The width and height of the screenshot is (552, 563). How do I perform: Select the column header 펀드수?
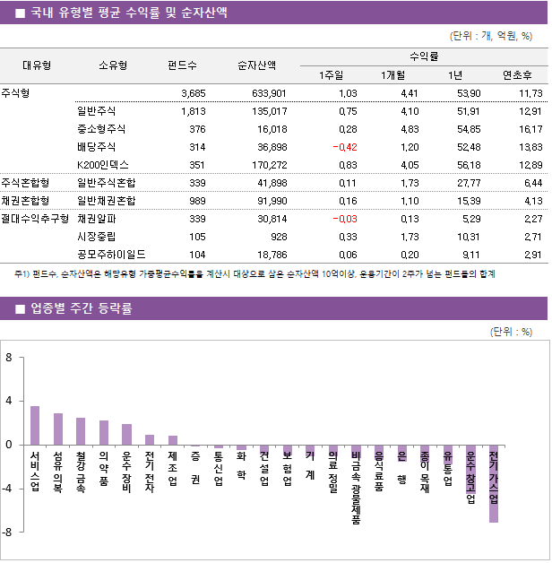pos(183,65)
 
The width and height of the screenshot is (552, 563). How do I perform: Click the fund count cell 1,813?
pos(193,111)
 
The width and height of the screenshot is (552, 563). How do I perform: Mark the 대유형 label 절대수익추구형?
pos(35,218)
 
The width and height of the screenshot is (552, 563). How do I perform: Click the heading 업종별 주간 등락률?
pos(81,308)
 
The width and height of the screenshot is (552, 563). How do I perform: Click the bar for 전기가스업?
pos(494,484)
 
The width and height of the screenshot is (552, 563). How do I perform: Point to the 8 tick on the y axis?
pos(9,358)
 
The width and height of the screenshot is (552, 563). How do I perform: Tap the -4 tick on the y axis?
pos(8,489)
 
